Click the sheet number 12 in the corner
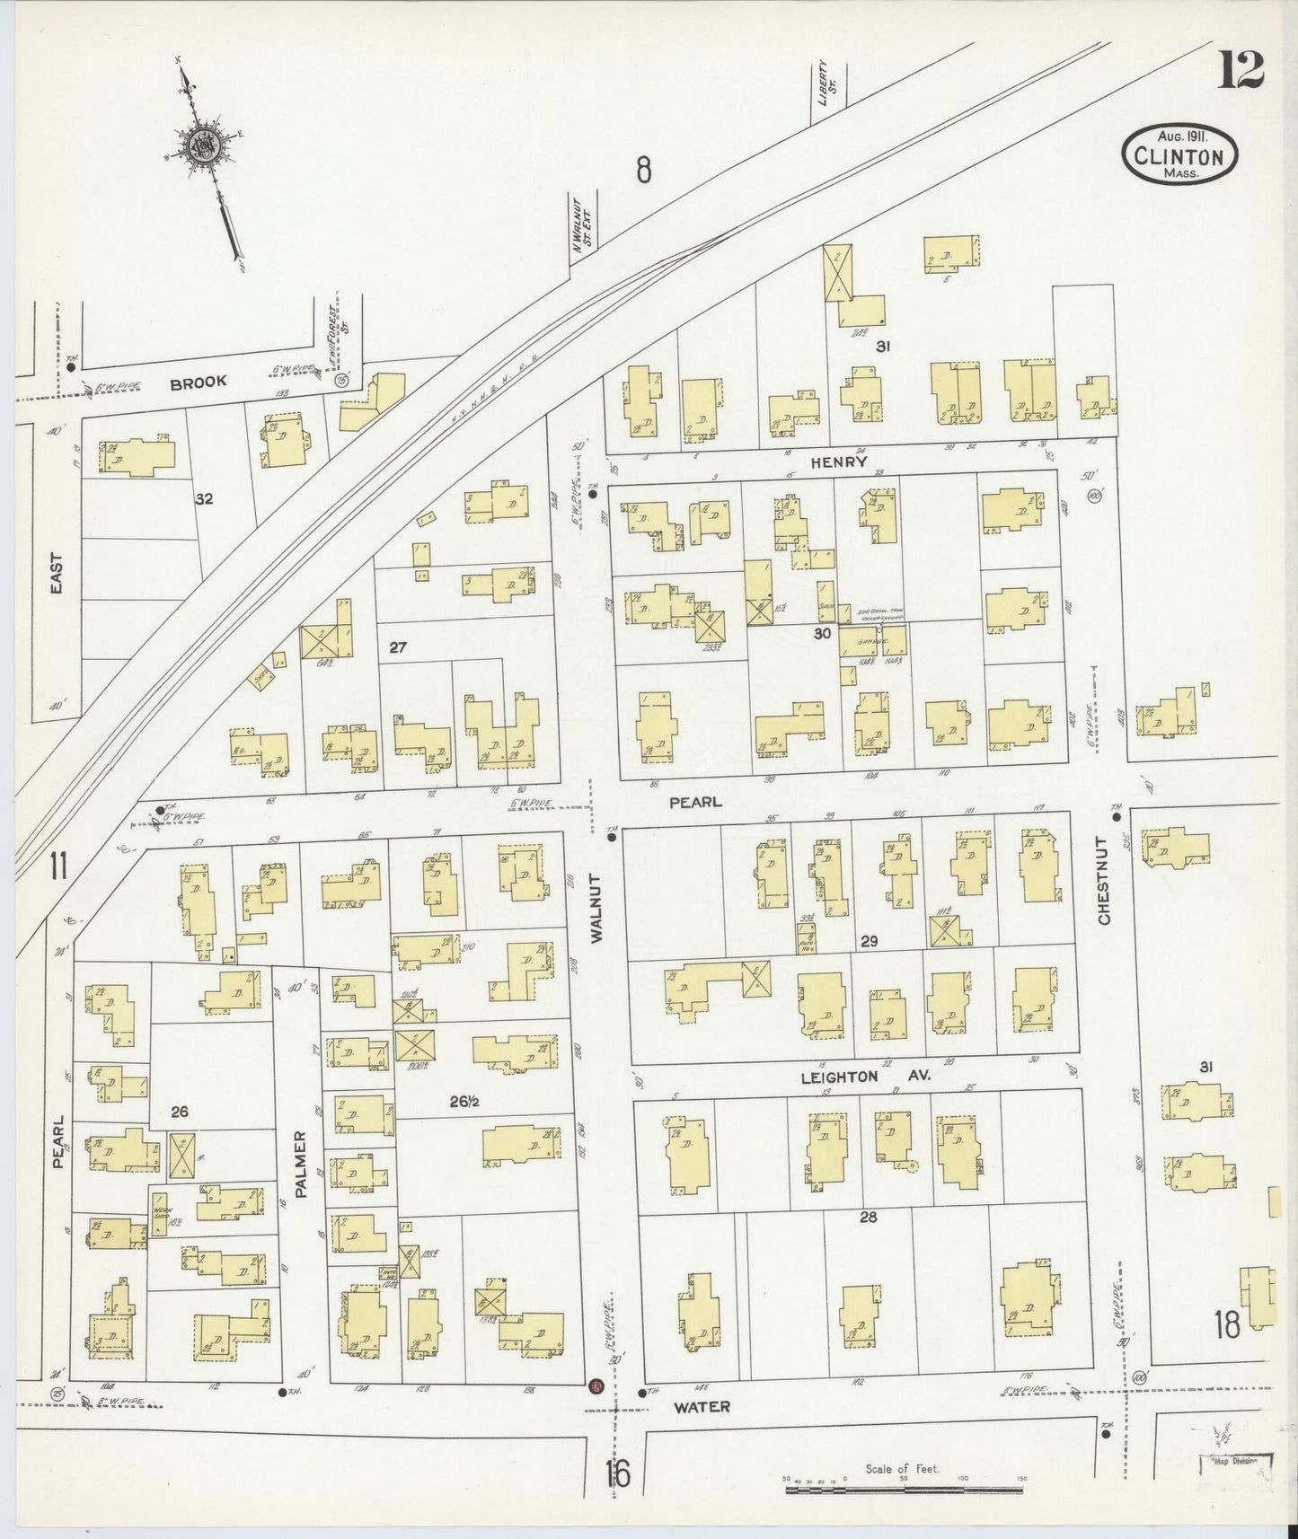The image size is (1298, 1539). point(1241,69)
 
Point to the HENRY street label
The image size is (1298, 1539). point(839,462)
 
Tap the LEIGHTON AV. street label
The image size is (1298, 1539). point(865,1076)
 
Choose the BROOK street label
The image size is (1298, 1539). point(199,382)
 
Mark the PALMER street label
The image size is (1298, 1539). point(301,1164)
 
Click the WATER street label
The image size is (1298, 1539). point(702,1407)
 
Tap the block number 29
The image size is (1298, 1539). point(869,941)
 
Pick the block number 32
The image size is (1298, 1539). point(205,498)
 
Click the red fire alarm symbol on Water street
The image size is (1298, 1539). point(595,1387)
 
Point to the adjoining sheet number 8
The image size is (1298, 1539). point(643,169)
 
